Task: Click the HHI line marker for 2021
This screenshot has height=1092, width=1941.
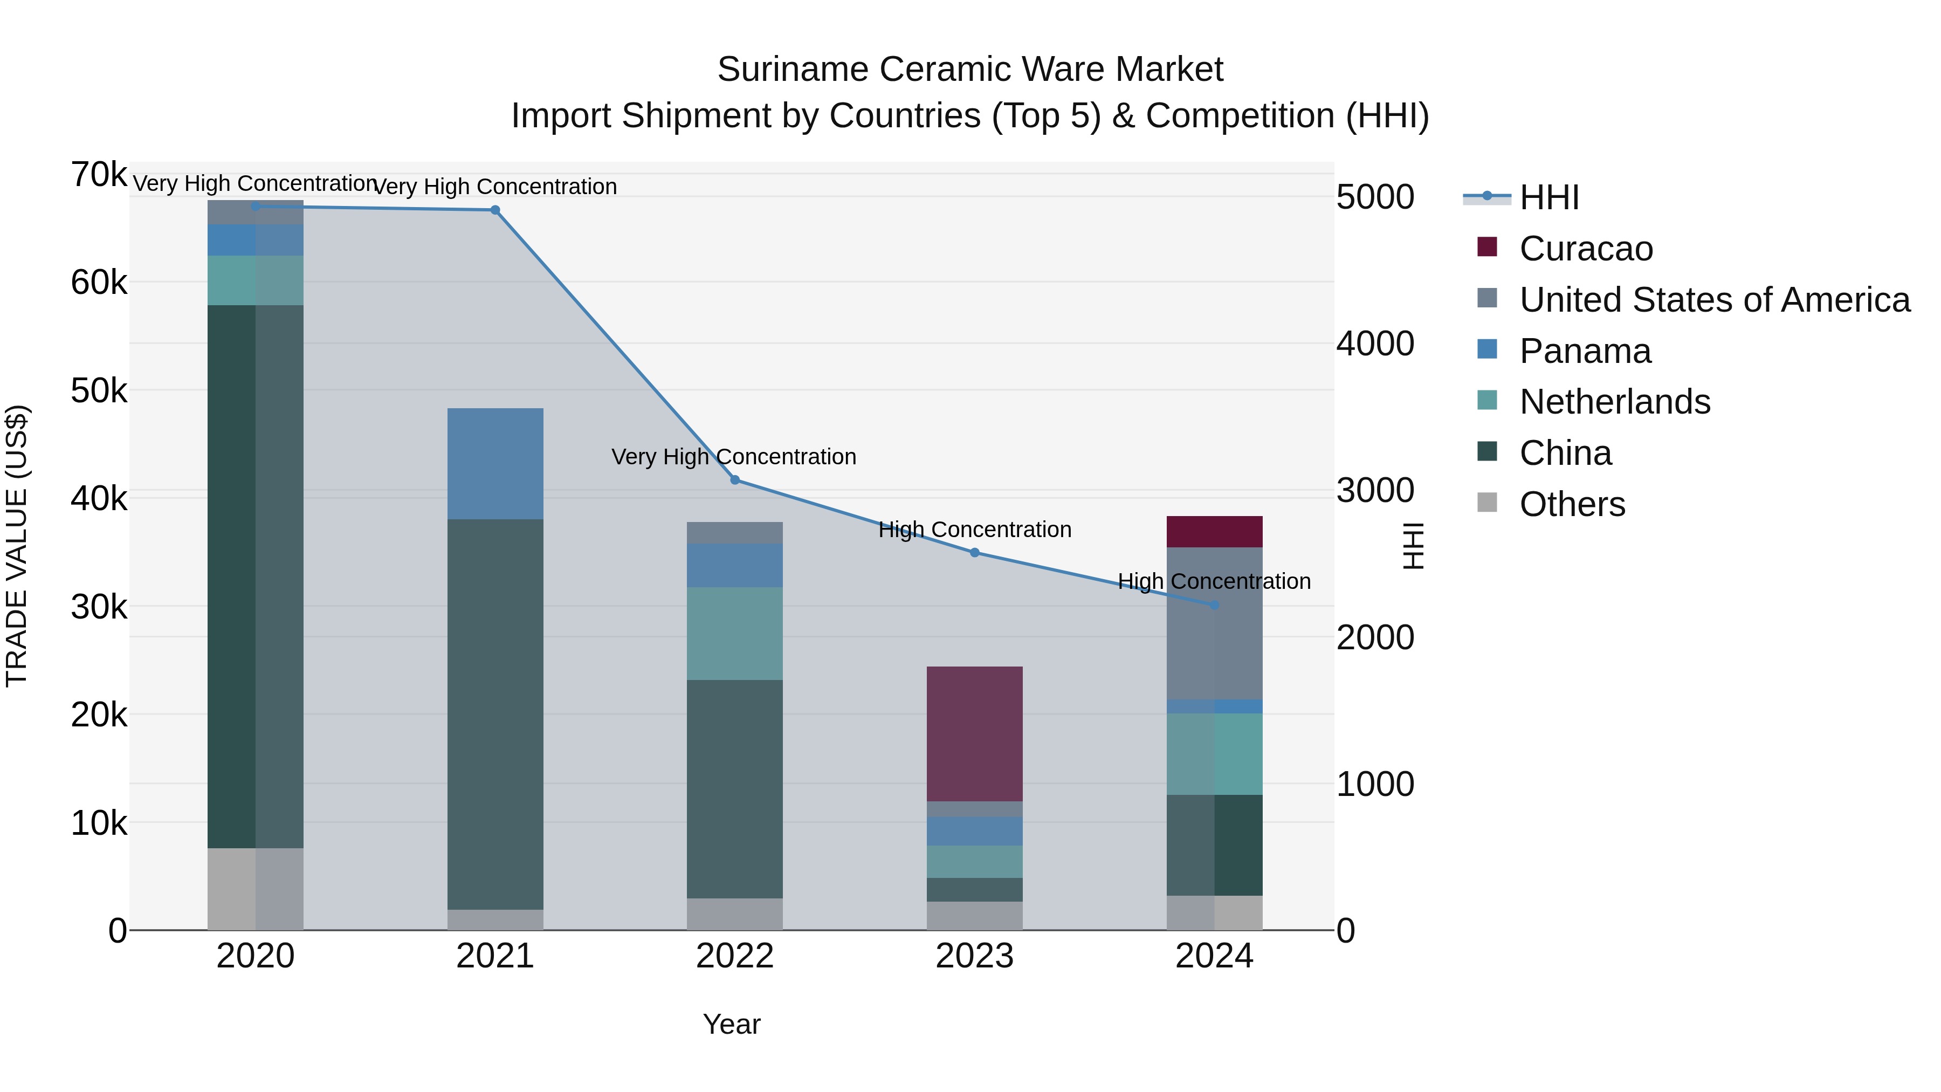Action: (495, 210)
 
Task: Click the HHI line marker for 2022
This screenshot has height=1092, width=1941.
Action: (735, 480)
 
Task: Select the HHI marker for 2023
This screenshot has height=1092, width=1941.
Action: (974, 552)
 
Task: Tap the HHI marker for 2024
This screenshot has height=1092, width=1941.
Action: (1214, 605)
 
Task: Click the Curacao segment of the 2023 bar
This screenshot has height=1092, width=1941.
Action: (974, 733)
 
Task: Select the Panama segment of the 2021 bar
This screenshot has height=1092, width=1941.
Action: (495, 463)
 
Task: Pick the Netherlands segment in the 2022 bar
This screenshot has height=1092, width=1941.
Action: (735, 633)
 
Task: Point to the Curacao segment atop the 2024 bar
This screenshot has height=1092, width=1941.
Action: (1214, 531)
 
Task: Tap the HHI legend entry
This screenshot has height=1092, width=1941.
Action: (1548, 197)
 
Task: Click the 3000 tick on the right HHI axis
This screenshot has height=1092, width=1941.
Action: (1375, 491)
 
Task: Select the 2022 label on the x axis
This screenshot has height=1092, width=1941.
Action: (735, 956)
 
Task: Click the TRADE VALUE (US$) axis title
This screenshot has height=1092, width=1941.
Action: (17, 546)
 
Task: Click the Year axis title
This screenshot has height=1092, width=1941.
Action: (731, 1024)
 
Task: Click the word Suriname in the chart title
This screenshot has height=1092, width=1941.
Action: (793, 70)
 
